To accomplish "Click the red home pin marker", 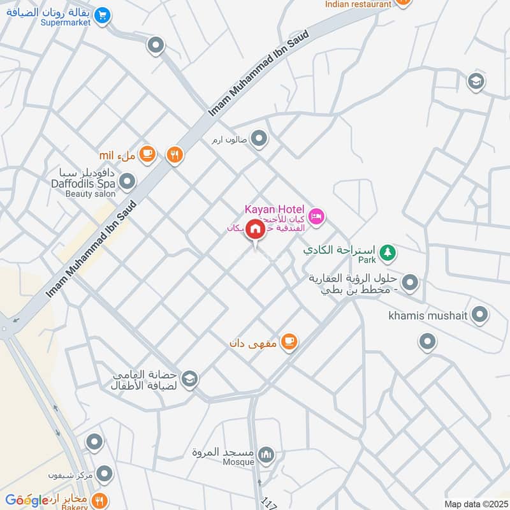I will (255, 228).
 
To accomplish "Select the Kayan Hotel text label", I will (275, 209).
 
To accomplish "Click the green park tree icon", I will (387, 253).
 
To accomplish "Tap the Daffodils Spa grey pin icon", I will (127, 182).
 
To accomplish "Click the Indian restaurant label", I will (358, 4).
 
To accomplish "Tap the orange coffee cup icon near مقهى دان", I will (289, 342).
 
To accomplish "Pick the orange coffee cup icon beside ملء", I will (147, 154).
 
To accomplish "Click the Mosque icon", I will (266, 455).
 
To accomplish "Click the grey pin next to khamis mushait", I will (480, 314).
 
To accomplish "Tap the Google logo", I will (27, 500).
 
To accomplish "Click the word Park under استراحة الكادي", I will (366, 259).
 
